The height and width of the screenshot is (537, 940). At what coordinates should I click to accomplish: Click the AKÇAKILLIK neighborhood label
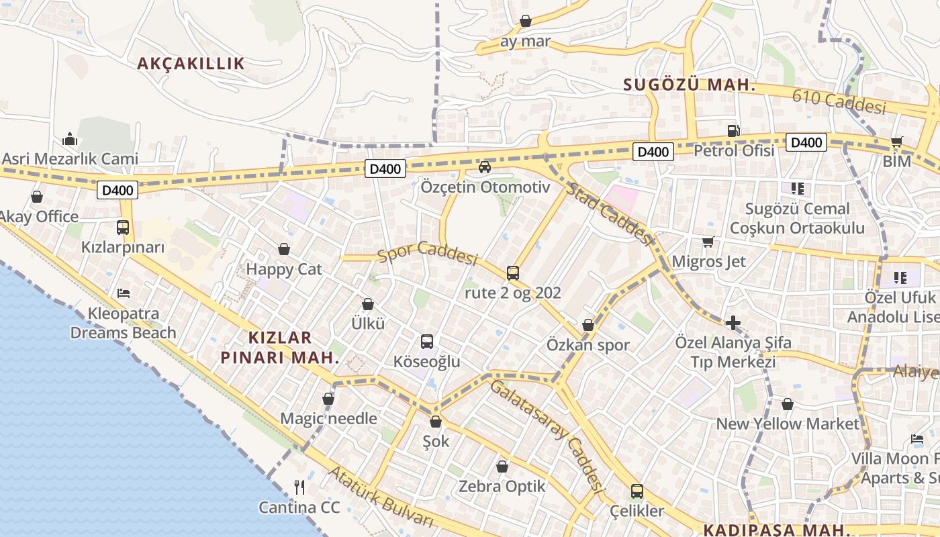(191, 64)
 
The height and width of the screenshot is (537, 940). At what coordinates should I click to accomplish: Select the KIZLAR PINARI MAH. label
(279, 347)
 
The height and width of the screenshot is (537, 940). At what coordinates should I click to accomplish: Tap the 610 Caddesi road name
(839, 101)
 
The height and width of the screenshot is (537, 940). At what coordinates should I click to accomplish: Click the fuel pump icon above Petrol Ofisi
(734, 131)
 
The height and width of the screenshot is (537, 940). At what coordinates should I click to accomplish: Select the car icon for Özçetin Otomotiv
(485, 166)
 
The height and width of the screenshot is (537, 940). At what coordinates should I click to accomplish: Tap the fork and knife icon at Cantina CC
(299, 487)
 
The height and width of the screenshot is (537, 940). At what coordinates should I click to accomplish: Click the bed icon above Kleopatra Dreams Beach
(124, 293)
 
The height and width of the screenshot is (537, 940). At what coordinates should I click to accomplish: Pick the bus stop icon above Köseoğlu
(427, 342)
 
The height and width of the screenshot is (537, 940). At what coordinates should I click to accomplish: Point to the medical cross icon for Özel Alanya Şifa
(733, 323)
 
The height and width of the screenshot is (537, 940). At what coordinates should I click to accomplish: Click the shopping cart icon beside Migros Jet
(708, 242)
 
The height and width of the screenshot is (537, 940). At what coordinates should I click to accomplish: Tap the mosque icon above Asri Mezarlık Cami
(70, 139)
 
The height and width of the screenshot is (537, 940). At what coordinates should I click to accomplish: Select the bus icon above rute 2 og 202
(513, 273)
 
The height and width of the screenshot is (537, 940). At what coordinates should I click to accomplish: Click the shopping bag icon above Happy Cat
(284, 249)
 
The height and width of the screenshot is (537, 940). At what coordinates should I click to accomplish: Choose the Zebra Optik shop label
(502, 487)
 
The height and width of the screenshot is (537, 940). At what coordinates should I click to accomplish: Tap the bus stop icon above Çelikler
(637, 491)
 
